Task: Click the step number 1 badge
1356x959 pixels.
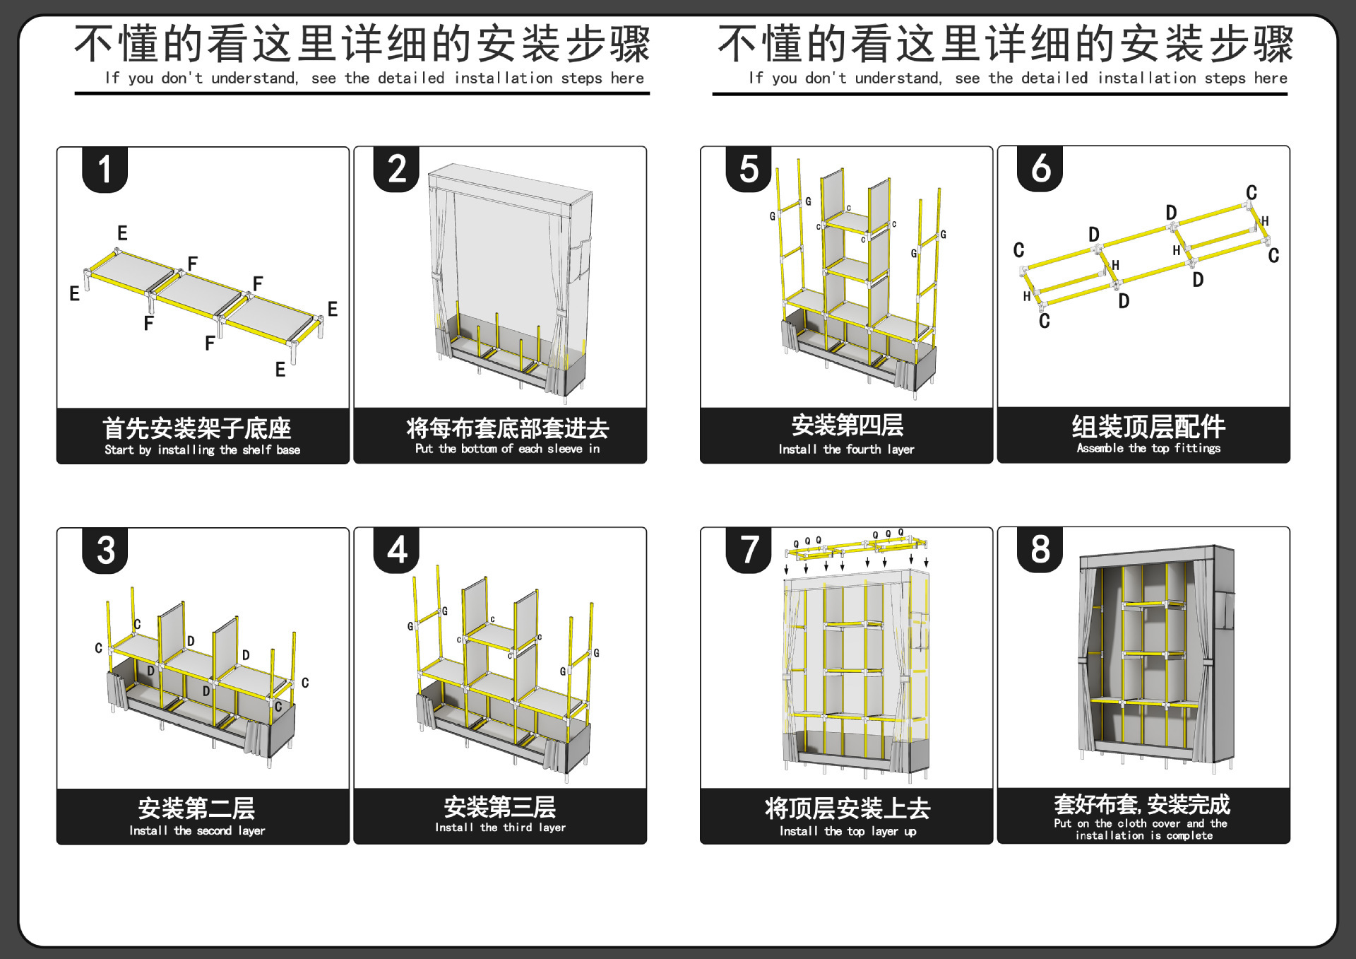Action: tap(105, 170)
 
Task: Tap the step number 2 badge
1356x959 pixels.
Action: tap(396, 170)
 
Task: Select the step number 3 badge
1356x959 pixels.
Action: tap(105, 550)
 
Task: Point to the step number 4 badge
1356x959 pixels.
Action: tap(396, 549)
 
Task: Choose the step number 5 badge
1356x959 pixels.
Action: tap(749, 170)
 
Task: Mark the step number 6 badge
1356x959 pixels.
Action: tap(1040, 169)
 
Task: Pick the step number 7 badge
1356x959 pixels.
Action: tap(749, 549)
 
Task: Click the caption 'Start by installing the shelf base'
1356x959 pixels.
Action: tap(203, 450)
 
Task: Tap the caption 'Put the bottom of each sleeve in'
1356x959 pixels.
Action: tap(507, 449)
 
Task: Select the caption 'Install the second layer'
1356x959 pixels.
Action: tap(197, 831)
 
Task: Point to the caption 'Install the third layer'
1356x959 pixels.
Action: tap(500, 828)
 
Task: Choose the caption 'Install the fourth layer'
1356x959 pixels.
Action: tap(846, 449)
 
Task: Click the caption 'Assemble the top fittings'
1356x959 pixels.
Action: tap(1148, 448)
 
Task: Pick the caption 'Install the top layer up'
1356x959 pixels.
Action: tap(847, 832)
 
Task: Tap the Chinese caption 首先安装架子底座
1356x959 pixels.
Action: tap(197, 428)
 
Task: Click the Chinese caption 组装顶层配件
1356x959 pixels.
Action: tap(1148, 427)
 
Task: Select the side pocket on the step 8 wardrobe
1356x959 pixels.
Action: tap(1226, 611)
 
